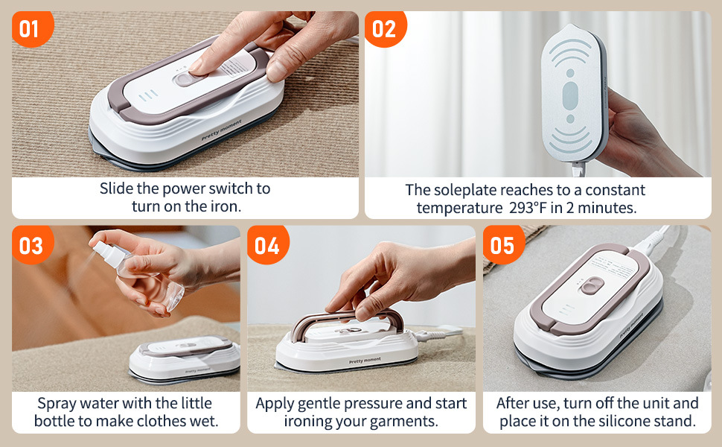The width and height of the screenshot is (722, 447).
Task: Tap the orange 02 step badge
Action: click(x=385, y=28)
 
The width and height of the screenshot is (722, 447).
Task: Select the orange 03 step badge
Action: click(x=32, y=244)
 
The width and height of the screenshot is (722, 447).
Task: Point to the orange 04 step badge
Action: click(x=267, y=244)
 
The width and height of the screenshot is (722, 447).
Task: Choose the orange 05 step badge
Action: click(x=503, y=244)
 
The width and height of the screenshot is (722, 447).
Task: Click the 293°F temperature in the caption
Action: click(x=528, y=208)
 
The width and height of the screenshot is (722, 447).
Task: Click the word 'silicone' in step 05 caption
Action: click(x=644, y=421)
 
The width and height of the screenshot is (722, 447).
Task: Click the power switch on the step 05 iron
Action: click(x=592, y=286)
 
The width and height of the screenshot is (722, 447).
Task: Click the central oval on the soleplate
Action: click(x=570, y=96)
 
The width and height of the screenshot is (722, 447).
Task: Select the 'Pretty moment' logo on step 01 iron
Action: click(x=222, y=130)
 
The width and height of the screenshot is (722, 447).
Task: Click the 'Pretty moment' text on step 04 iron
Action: click(x=365, y=361)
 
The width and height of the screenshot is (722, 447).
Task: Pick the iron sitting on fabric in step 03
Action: click(x=185, y=360)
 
